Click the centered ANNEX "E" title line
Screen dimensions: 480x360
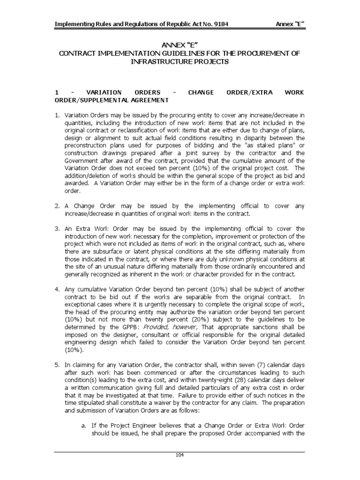(180, 45)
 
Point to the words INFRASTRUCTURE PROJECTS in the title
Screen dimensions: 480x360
(180, 62)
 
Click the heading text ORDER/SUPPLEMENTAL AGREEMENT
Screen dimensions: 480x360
(112, 100)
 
